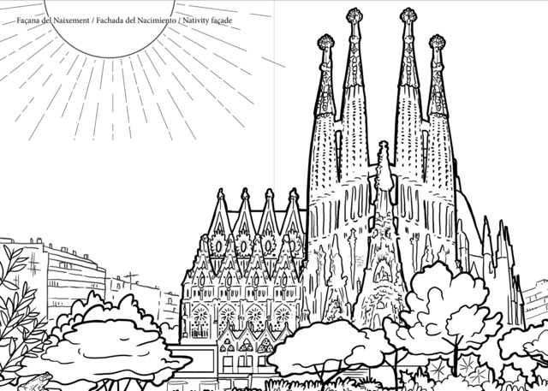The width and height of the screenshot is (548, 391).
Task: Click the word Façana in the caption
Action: click(28, 21)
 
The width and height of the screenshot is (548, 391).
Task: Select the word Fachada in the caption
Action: click(110, 21)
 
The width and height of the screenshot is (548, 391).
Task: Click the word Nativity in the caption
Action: click(196, 21)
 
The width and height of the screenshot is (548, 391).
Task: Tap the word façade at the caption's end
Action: click(222, 21)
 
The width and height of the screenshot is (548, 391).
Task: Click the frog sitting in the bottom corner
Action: click(36, 382)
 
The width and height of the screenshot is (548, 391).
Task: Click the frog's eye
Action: click(44, 376)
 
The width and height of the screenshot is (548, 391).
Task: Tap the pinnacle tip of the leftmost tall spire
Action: click(325, 42)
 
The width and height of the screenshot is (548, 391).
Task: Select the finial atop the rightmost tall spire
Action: click(438, 42)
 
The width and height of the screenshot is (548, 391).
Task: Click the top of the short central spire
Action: click(384, 145)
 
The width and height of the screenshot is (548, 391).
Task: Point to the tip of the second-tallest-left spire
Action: click(354, 15)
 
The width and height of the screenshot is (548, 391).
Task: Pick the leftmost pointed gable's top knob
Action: click(221, 193)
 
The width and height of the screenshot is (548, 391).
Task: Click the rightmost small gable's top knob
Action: click(294, 193)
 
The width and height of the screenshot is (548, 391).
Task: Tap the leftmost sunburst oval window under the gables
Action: click(218, 246)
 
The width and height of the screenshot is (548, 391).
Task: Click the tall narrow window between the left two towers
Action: click(338, 156)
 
